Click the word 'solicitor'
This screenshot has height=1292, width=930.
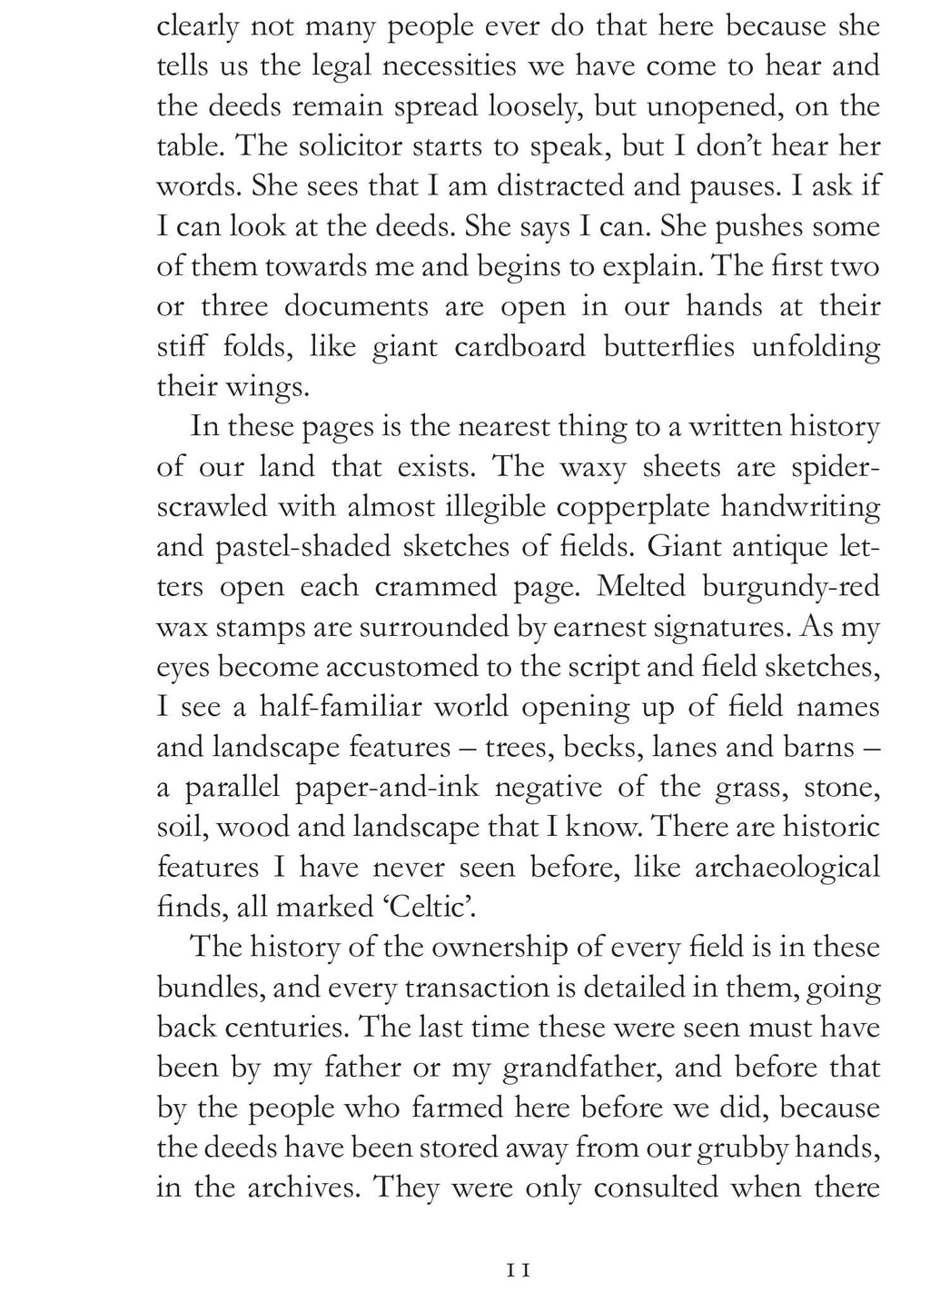[x=322, y=146]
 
